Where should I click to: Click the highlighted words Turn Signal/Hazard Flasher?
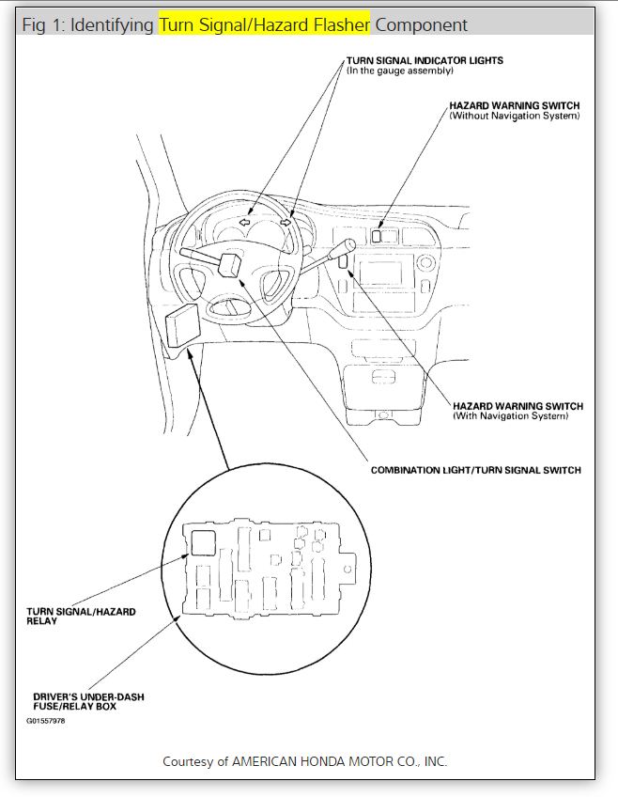click(265, 24)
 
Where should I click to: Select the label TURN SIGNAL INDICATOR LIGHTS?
click(425, 61)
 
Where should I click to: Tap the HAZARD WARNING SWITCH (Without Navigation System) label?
click(515, 106)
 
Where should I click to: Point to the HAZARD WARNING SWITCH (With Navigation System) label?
click(518, 406)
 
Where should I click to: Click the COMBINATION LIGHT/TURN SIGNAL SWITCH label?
click(475, 470)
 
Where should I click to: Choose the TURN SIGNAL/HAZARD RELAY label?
click(81, 612)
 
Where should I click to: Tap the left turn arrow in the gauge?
click(244, 223)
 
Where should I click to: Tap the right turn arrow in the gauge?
click(286, 223)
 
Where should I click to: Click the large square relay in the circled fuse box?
click(202, 540)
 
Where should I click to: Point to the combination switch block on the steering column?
click(231, 262)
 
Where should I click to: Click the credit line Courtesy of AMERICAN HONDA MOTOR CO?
click(305, 760)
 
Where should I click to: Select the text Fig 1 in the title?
click(42, 24)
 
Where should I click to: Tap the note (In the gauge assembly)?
click(400, 71)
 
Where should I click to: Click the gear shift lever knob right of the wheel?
click(347, 246)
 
